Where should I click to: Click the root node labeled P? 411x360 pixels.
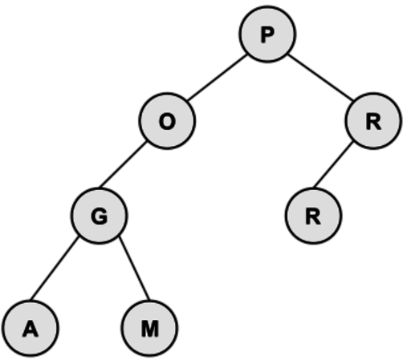click(267, 34)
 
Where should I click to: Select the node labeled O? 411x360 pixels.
click(167, 121)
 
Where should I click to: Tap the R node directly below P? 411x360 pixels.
click(373, 121)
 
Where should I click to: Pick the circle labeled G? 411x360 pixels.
click(100, 216)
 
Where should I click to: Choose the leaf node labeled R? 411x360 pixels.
click(313, 216)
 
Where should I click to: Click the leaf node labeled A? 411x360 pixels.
click(31, 329)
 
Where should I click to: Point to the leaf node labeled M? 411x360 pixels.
click(149, 329)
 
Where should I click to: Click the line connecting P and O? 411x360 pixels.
click(217, 78)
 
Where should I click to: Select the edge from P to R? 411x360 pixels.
click(320, 77)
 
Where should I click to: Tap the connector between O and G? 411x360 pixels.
click(123, 164)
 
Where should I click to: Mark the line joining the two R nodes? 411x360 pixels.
click(333, 164)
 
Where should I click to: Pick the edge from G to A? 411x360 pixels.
click(55, 268)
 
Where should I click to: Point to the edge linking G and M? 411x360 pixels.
click(134, 268)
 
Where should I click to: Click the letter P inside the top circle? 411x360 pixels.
click(267, 35)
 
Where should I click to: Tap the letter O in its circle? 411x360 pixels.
click(167, 122)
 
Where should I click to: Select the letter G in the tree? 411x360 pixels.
click(100, 216)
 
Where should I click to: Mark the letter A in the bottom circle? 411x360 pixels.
click(31, 329)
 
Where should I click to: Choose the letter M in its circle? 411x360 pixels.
click(149, 329)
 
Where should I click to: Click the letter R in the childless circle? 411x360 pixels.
click(313, 216)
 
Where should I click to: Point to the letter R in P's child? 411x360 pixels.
click(373, 122)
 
